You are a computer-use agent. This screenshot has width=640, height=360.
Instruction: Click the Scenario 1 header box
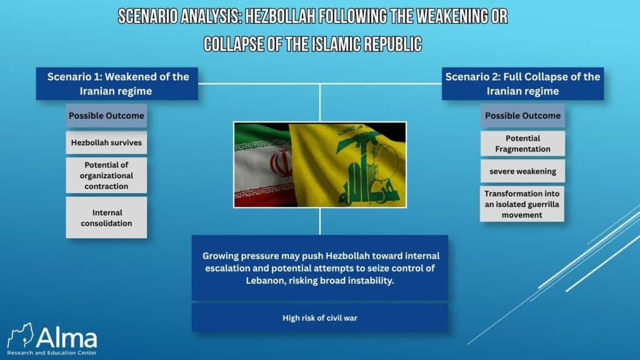click(x=117, y=84)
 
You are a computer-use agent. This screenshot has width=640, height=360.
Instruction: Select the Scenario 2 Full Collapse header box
click(x=522, y=84)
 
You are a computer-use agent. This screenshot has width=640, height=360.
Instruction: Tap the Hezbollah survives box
click(x=106, y=142)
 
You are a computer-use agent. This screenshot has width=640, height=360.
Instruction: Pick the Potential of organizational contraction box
click(x=106, y=176)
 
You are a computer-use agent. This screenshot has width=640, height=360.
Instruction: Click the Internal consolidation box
click(x=106, y=217)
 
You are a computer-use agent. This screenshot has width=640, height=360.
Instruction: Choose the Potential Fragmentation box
click(x=523, y=143)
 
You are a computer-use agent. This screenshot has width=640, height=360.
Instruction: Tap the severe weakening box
click(x=523, y=171)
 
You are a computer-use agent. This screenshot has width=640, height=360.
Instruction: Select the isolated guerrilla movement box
click(x=522, y=204)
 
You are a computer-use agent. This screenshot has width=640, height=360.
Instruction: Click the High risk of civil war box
click(x=320, y=317)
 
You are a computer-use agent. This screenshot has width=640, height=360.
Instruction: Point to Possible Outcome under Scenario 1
click(x=106, y=116)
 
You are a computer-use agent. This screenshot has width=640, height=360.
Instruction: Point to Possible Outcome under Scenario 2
click(x=523, y=116)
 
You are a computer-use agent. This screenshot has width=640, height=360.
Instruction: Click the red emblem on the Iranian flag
click(x=281, y=164)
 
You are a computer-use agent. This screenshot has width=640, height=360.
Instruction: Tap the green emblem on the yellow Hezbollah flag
click(x=366, y=166)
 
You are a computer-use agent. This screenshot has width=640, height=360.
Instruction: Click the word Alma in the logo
click(x=67, y=337)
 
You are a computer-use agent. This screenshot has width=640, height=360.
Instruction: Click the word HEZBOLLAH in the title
click(x=280, y=17)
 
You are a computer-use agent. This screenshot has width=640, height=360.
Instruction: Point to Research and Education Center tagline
click(x=52, y=352)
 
